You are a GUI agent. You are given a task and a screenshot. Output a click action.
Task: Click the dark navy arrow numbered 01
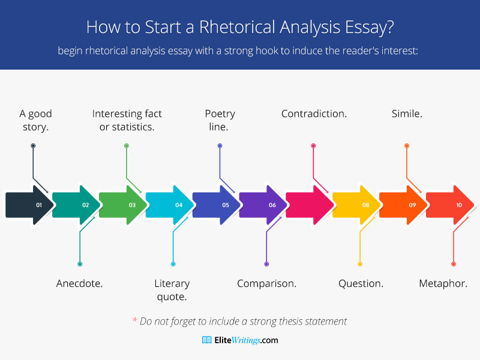pyautogui.click(x=29, y=205)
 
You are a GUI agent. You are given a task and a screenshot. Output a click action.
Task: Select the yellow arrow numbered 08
pyautogui.click(x=356, y=205)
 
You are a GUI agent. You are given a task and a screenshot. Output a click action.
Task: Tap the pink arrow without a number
pyautogui.click(x=309, y=205)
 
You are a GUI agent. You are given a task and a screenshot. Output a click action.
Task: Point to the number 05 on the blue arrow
pyautogui.click(x=226, y=205)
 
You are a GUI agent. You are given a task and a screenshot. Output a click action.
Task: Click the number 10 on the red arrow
pyautogui.click(x=459, y=205)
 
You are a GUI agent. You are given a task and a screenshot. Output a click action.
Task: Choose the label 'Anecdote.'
pyautogui.click(x=79, y=283)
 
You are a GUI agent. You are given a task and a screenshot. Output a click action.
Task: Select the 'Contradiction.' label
pyautogui.click(x=314, y=113)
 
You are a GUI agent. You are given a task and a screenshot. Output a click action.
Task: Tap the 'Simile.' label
pyautogui.click(x=407, y=113)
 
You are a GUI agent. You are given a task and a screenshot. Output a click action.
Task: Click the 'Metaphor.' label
pyautogui.click(x=443, y=283)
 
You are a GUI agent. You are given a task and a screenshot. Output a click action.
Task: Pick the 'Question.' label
pyautogui.click(x=361, y=283)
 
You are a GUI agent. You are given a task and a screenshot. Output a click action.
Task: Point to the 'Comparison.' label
pyautogui.click(x=266, y=283)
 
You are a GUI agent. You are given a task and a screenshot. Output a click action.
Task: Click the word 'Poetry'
pyautogui.click(x=220, y=114)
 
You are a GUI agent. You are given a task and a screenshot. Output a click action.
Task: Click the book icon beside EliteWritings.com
pyautogui.click(x=206, y=340)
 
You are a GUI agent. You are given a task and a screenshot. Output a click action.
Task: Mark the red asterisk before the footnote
pyautogui.click(x=134, y=320)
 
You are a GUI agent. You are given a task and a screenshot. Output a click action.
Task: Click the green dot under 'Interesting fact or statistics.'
pyautogui.click(x=127, y=146)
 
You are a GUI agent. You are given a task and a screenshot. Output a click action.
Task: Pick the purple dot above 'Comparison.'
pyautogui.click(x=266, y=264)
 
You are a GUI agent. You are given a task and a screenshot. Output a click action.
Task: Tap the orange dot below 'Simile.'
pyautogui.click(x=407, y=146)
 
